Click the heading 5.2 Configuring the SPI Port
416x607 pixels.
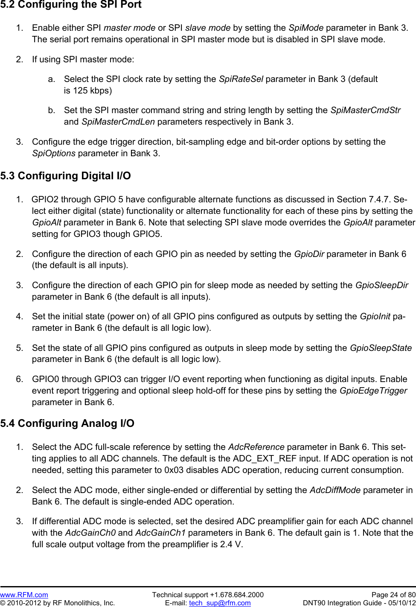pos(71,5)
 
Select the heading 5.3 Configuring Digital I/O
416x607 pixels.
pos(66,176)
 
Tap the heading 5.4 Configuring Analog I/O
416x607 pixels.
pos(67,423)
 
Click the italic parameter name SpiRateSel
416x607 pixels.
pos(241,79)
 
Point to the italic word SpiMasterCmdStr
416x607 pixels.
pos(365,110)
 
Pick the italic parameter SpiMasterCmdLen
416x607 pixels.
pos(118,122)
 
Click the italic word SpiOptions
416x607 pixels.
pos(54,153)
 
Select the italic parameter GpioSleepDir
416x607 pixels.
pos(381,285)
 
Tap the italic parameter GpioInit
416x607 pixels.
pos(375,316)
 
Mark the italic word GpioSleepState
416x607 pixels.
pos(381,348)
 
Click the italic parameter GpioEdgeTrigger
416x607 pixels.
pos(373,391)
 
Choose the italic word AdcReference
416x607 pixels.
pos(256,447)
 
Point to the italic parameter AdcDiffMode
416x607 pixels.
pos(335,490)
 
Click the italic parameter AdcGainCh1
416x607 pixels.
pos(160,533)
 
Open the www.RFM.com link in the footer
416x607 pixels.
pos(24,595)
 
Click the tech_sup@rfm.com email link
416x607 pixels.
pos(220,603)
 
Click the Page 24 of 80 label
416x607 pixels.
pos(393,595)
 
